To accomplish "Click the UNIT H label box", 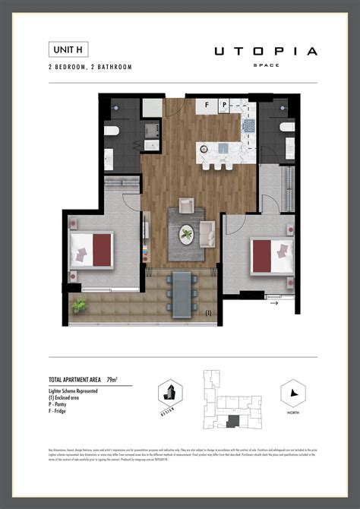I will [67, 49].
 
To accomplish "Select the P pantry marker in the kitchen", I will [224, 105].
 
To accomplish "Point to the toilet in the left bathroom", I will [112, 131].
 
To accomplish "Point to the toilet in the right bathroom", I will [286, 128].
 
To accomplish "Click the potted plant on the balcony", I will [80, 305].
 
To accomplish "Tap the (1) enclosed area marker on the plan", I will [208, 311].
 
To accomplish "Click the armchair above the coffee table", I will [187, 206].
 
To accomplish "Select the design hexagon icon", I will [169, 393].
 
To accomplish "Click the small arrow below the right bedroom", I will [273, 304].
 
